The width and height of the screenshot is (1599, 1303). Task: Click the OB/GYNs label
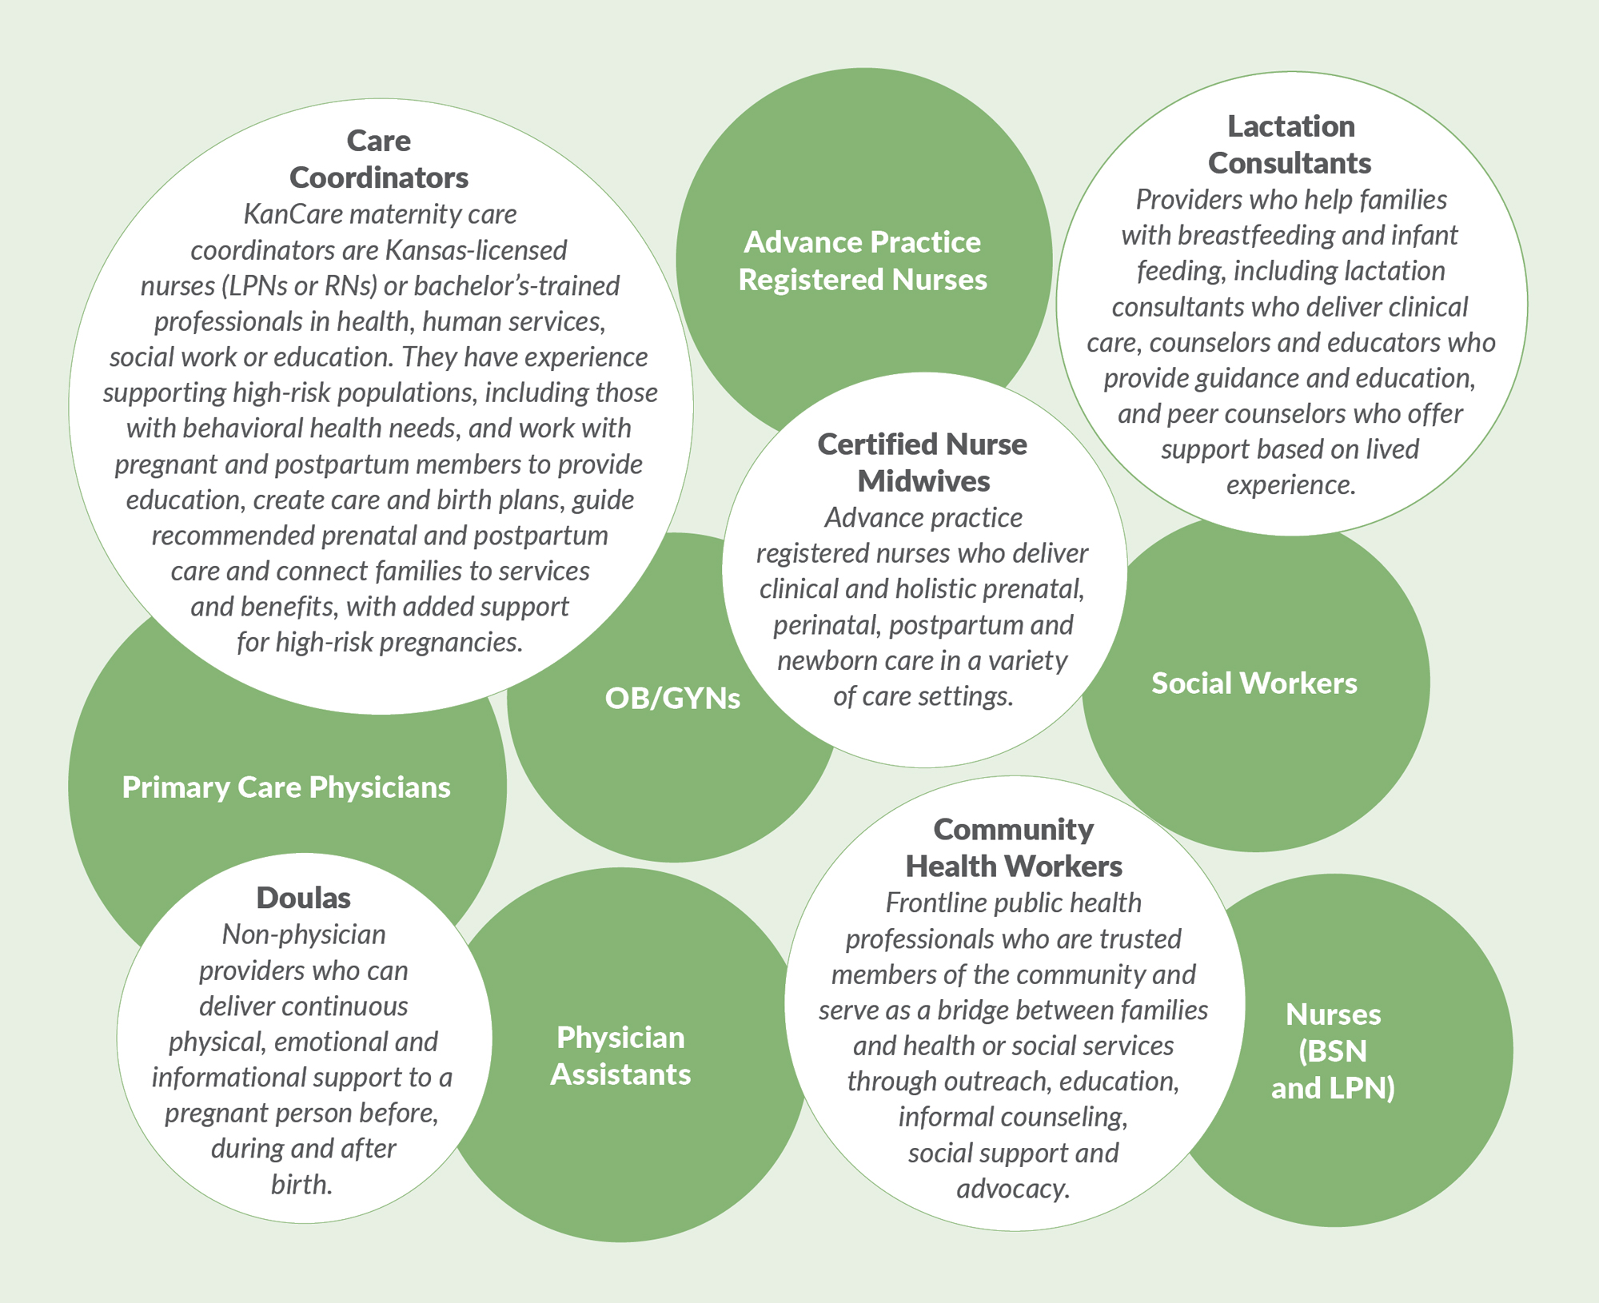672,699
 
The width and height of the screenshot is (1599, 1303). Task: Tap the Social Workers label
1254,683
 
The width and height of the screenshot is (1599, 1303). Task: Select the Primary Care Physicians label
286,787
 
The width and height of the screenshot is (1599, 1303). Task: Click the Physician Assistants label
620,1056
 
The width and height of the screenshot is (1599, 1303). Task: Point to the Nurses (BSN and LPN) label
1333,1051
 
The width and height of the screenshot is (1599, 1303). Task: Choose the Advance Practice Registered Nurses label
863,261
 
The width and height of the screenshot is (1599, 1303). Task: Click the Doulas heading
303,898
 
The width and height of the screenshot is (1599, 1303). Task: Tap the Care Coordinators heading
379,159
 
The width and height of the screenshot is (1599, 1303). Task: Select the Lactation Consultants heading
1290,145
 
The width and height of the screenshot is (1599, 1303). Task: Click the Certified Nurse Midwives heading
923,463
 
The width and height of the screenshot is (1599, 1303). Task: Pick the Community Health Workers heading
1013,848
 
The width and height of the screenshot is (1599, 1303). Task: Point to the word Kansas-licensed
476,250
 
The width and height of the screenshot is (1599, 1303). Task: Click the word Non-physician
304,934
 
